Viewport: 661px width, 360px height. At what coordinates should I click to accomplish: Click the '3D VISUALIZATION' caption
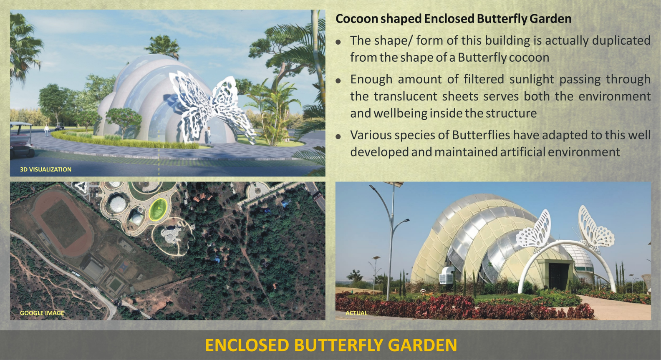tap(46, 169)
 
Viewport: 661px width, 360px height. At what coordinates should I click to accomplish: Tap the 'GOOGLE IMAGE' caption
tap(42, 313)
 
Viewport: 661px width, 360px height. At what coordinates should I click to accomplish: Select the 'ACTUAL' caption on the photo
tap(356, 313)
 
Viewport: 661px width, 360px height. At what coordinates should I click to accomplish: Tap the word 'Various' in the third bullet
tap(369, 135)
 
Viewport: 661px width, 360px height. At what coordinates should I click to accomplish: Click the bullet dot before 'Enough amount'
tap(338, 81)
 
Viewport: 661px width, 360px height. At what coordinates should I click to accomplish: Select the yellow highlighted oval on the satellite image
tap(158, 209)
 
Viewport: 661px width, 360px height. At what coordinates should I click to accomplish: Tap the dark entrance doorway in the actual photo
tap(559, 276)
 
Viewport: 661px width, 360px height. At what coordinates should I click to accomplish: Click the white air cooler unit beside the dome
tap(447, 274)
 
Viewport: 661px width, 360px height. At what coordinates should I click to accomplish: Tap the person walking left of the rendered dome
tap(46, 130)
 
